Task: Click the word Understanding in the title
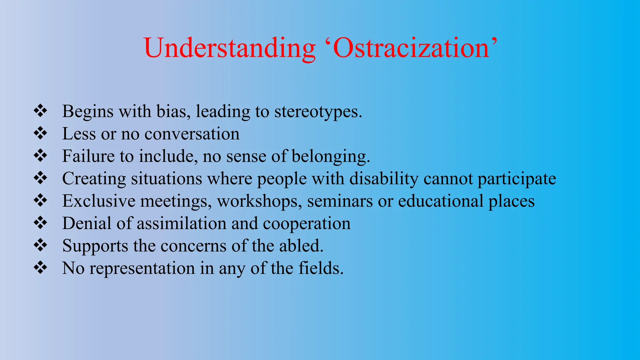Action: tap(230, 48)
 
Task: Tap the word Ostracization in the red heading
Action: tap(411, 48)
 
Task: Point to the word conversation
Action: tap(192, 134)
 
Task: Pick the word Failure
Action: tap(88, 156)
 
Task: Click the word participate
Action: tap(517, 179)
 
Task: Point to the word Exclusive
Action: tap(99, 201)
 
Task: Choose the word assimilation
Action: tap(182, 224)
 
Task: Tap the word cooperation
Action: tap(307, 224)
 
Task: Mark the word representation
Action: tap(142, 268)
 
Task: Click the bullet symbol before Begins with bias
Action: tap(40, 111)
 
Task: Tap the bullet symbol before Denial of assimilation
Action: tap(40, 223)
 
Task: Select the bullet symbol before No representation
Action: tap(40, 268)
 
